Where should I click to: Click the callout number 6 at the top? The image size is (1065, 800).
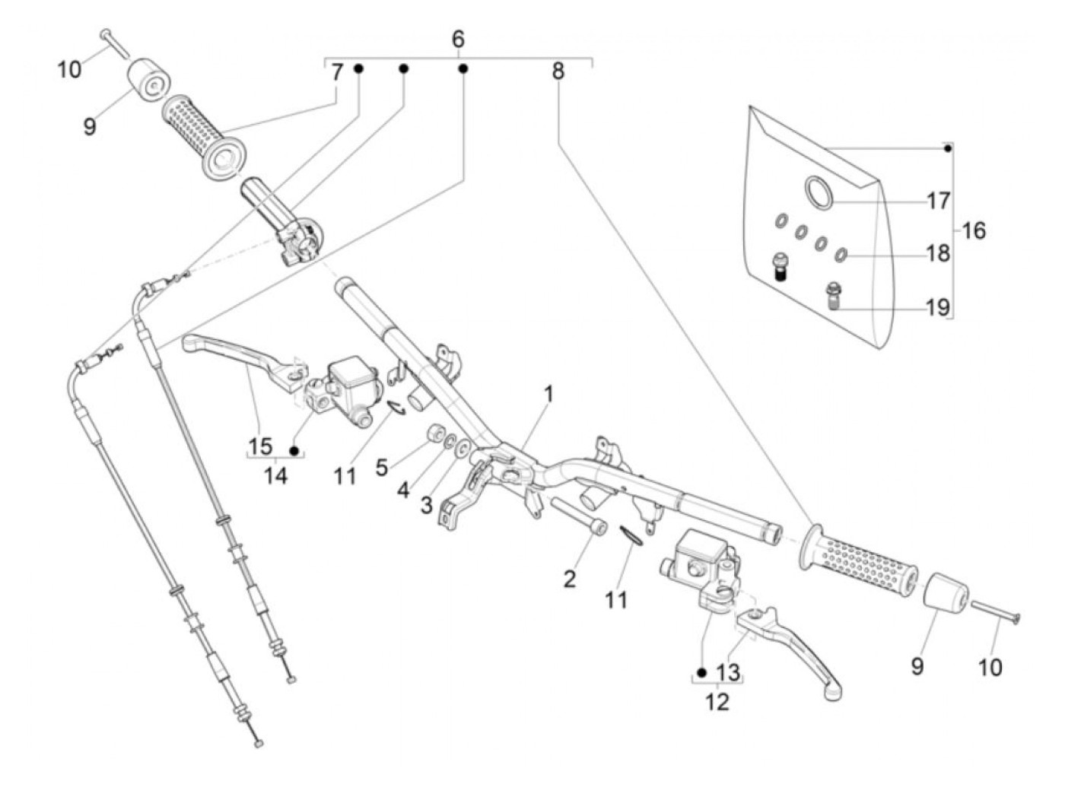pyautogui.click(x=457, y=39)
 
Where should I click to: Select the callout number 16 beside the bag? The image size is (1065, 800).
pyautogui.click(x=973, y=230)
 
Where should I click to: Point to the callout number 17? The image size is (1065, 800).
pyautogui.click(x=938, y=201)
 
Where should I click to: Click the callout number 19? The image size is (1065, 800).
pyautogui.click(x=937, y=307)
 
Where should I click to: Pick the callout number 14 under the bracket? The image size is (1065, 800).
pyautogui.click(x=275, y=475)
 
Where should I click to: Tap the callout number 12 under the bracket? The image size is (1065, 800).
pyautogui.click(x=717, y=702)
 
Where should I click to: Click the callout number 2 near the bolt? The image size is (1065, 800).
pyautogui.click(x=569, y=579)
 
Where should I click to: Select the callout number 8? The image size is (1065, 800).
pyautogui.click(x=558, y=71)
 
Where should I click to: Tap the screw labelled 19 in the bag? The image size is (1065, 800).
pyautogui.click(x=833, y=297)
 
